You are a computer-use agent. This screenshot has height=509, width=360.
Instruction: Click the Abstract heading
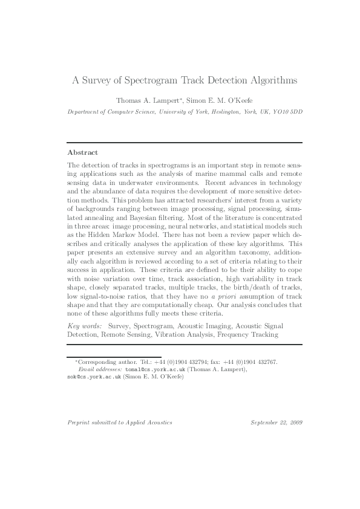click(82, 152)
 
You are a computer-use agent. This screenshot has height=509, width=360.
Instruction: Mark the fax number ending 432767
click(266, 361)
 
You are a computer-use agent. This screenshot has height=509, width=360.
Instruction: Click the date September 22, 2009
click(277, 422)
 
